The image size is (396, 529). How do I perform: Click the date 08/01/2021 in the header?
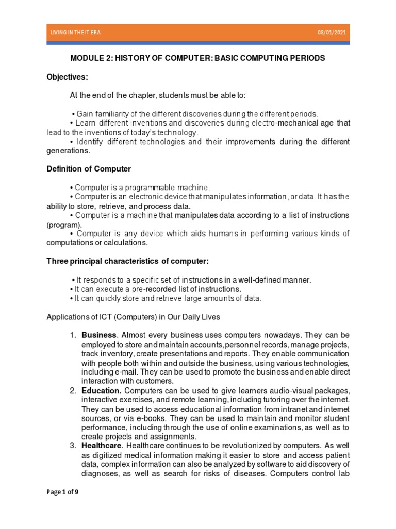[x=333, y=33]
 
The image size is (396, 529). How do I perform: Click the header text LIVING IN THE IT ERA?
[x=71, y=33]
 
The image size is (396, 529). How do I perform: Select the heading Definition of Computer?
[x=89, y=169]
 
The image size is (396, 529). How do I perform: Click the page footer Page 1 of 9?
[x=62, y=492]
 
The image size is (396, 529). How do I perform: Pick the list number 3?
[x=73, y=443]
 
